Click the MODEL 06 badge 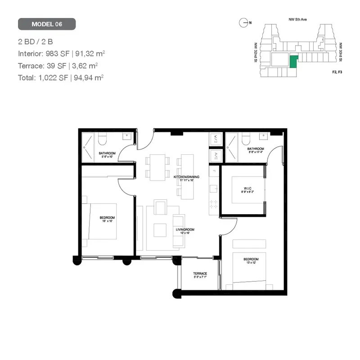47,24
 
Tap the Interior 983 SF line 62,54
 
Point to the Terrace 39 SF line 58,65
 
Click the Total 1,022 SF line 61,77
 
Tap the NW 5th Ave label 297,19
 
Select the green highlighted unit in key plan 293,62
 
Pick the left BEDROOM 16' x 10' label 107,220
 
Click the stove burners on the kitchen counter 214,204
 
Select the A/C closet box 216,155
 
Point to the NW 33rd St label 341,52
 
